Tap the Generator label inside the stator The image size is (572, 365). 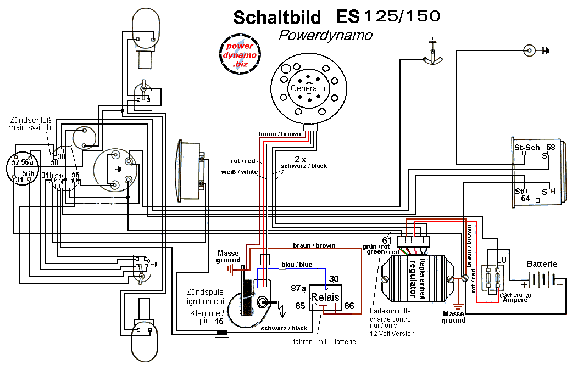pos(308,88)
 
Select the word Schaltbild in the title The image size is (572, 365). pos(277,18)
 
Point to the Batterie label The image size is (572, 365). pos(542,263)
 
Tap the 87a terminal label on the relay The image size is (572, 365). pos(298,288)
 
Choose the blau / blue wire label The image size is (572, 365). pos(296,265)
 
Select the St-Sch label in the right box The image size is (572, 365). pos(526,148)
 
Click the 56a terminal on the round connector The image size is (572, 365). pos(27,162)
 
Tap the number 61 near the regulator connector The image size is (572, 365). pos(386,240)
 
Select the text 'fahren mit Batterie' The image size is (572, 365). pos(325,342)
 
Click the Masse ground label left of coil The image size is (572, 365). pos(228,256)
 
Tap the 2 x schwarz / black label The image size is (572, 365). pos(303,162)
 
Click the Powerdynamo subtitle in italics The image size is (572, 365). pos(325,36)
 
